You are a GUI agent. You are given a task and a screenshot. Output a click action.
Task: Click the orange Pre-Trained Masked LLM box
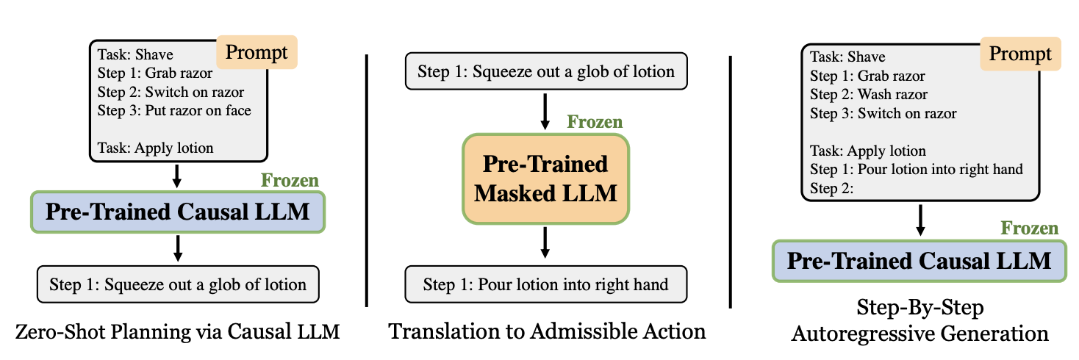[545, 179]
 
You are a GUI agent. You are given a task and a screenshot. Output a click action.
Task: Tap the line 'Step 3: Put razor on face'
[173, 111]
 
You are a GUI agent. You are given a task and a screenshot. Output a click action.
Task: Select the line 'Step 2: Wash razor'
[868, 95]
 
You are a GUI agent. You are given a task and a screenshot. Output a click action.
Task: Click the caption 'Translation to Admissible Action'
[547, 331]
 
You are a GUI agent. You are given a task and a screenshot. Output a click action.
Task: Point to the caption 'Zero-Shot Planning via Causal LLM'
[178, 331]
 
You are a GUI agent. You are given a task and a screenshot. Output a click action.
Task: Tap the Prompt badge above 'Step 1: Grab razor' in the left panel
[257, 52]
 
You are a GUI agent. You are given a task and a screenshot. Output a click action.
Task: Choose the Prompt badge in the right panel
[1019, 54]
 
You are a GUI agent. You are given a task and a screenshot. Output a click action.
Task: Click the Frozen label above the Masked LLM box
[594, 122]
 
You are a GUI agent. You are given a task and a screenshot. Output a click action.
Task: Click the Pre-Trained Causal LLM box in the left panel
[178, 212]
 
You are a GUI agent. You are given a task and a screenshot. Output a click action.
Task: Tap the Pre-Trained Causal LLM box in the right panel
[920, 261]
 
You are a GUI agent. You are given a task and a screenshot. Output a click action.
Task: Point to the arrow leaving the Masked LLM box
[545, 242]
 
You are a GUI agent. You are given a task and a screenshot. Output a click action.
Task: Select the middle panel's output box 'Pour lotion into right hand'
[545, 284]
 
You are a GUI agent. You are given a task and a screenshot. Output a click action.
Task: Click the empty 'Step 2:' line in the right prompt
[831, 188]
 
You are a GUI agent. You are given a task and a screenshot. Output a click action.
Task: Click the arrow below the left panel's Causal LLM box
[178, 247]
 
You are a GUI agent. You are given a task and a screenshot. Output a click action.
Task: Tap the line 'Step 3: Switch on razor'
[883, 114]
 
